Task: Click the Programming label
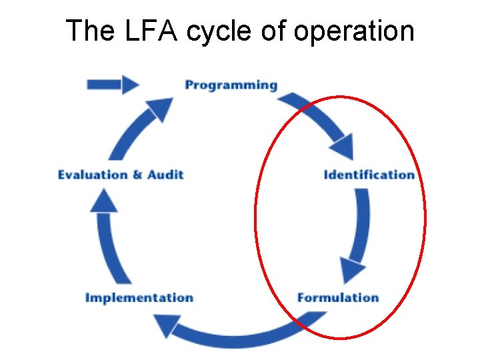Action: tap(231, 85)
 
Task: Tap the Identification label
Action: tap(369, 175)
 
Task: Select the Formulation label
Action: tap(338, 298)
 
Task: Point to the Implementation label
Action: tap(139, 298)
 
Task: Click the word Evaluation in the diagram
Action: tap(92, 175)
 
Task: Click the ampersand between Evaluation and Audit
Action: tap(137, 175)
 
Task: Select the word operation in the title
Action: tap(353, 32)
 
